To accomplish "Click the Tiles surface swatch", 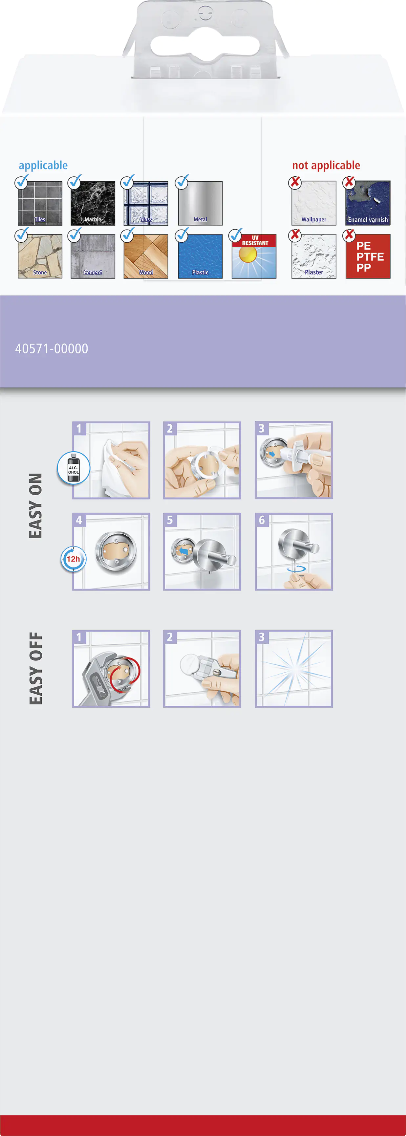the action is (x=40, y=203).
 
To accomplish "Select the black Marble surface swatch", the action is (x=93, y=203).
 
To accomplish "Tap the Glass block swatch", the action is (x=146, y=203).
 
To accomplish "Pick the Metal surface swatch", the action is (x=200, y=203).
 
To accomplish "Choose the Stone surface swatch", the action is (x=40, y=256).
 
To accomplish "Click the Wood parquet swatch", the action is (x=146, y=256).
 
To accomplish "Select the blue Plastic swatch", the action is (x=200, y=256).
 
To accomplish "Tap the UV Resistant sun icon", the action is (x=254, y=256).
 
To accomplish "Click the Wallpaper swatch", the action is (x=314, y=203).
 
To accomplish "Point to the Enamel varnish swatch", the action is (x=368, y=203).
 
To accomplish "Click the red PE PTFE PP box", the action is (x=368, y=256).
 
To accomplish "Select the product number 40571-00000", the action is (x=52, y=349).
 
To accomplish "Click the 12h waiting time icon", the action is (x=73, y=559).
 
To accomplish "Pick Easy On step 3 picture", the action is (x=294, y=460).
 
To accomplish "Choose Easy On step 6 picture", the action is (x=294, y=552).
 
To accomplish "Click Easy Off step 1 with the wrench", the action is (x=111, y=669).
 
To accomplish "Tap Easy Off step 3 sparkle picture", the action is (x=294, y=669).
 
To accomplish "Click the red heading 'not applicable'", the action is (x=326, y=166).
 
